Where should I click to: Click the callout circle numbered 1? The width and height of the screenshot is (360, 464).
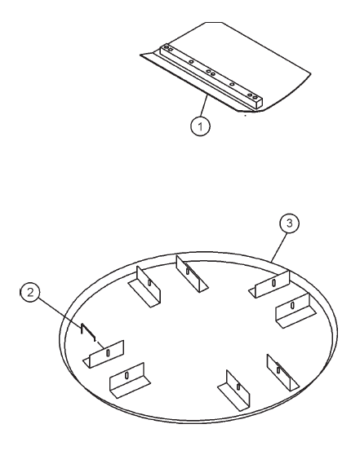tap(200, 126)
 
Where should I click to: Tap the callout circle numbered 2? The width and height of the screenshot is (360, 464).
tap(30, 293)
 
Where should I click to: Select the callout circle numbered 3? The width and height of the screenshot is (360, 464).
tap(289, 223)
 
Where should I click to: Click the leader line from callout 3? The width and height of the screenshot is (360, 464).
tap(279, 246)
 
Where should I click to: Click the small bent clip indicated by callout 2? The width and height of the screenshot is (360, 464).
tap(88, 332)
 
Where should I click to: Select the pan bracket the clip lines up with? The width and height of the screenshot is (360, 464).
tap(104, 354)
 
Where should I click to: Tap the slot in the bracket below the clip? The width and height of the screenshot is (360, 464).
tap(108, 352)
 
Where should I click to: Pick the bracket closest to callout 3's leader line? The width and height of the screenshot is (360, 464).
tap(269, 285)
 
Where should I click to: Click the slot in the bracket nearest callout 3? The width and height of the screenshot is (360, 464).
tap(273, 283)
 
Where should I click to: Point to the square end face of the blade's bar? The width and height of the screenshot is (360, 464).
tap(258, 103)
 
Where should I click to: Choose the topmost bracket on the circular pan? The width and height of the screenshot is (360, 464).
tap(192, 274)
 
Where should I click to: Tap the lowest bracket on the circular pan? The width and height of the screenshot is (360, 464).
tap(234, 391)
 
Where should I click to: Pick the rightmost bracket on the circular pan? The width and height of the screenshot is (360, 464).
tap(296, 311)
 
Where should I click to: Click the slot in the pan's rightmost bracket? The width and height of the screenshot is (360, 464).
tap(293, 305)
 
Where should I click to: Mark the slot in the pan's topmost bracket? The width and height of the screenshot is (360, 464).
tap(187, 271)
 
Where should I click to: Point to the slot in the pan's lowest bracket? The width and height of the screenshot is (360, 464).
tap(238, 387)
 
